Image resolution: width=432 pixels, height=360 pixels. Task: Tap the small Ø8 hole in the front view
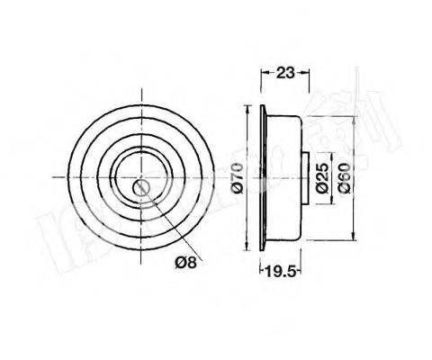point(142,187)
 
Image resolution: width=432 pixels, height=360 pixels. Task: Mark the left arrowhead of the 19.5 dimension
point(263,268)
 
